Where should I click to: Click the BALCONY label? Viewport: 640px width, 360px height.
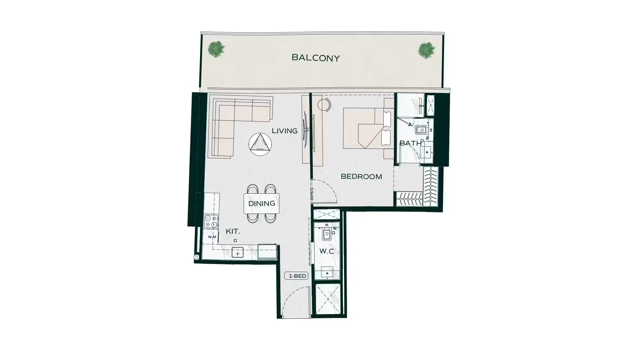click(x=316, y=58)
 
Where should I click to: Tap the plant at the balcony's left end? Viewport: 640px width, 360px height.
click(x=216, y=49)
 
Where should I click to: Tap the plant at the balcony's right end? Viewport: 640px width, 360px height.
click(x=427, y=50)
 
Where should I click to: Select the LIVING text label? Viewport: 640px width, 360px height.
click(x=285, y=131)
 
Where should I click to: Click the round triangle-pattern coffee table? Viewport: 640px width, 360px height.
click(x=260, y=144)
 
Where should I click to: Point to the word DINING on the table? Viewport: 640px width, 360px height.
click(x=262, y=203)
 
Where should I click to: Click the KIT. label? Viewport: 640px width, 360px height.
click(x=233, y=231)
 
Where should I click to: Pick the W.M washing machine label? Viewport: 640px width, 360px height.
click(x=212, y=237)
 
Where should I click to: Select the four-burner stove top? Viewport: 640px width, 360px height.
click(x=211, y=221)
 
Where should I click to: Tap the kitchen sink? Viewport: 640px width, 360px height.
click(x=238, y=253)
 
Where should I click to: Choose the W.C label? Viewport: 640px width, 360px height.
click(x=327, y=251)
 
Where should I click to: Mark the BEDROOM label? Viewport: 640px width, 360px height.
click(x=361, y=177)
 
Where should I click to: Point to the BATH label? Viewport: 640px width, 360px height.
click(x=410, y=143)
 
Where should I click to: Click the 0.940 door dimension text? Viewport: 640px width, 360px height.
click(x=312, y=194)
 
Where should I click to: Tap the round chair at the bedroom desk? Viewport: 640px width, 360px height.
click(x=324, y=105)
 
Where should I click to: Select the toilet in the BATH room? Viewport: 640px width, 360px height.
click(x=422, y=130)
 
